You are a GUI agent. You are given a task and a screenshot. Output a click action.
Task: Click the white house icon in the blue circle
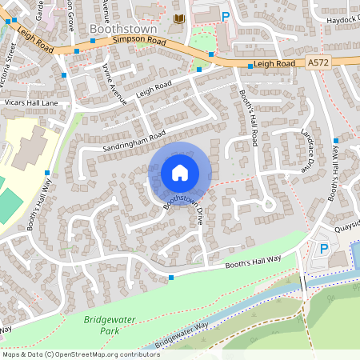pos(180,173)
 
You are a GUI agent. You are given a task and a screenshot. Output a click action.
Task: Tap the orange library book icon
pos(178,18)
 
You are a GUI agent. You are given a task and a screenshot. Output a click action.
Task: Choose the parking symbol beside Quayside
pos(324,249)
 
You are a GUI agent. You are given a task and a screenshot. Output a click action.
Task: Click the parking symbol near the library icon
pos(225,16)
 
